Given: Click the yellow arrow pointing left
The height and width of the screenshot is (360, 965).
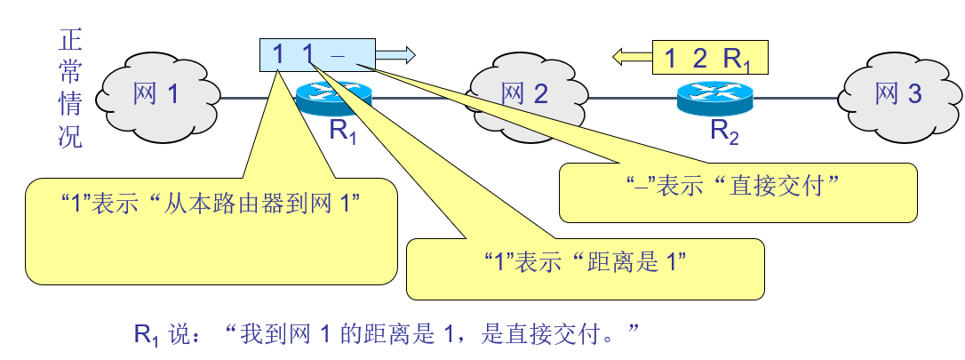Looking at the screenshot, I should (631, 59).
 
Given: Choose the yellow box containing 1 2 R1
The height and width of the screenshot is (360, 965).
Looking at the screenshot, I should (708, 59).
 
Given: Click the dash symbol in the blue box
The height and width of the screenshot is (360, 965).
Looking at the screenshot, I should (337, 56).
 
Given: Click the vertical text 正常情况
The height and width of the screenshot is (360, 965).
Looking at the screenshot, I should (69, 89).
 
